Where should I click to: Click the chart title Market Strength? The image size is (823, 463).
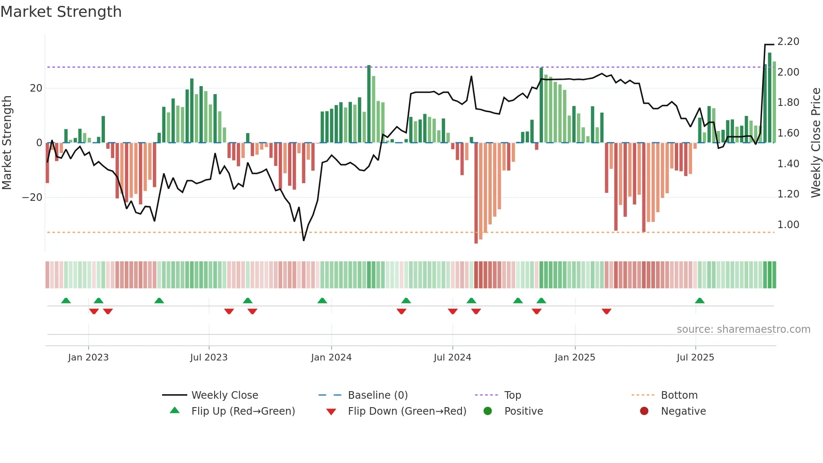point(61,12)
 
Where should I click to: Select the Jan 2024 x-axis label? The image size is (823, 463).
point(331,358)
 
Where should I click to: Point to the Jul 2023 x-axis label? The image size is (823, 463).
point(209,358)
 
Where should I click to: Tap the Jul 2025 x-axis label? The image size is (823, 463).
point(695,358)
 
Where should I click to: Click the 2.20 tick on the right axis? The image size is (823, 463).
point(788,42)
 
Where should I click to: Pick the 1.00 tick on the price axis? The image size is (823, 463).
point(788,225)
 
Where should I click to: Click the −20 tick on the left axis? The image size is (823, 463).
point(32,197)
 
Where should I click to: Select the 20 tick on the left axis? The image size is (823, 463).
point(36,88)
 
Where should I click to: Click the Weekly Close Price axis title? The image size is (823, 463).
point(815,143)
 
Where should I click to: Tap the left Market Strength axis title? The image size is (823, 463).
point(7,143)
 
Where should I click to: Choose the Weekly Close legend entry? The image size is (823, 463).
point(225,395)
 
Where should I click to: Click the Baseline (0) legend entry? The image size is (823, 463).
point(377,395)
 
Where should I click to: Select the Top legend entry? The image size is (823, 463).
point(512,395)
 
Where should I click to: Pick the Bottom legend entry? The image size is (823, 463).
point(679,395)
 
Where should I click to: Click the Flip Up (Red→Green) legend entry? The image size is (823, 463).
point(243,411)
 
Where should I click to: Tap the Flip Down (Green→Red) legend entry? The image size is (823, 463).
point(407,411)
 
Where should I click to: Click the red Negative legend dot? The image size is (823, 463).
point(644,411)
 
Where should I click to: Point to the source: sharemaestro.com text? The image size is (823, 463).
point(743,329)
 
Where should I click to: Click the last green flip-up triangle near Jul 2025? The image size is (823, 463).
point(700,301)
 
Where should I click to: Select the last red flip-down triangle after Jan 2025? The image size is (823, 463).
point(606,311)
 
